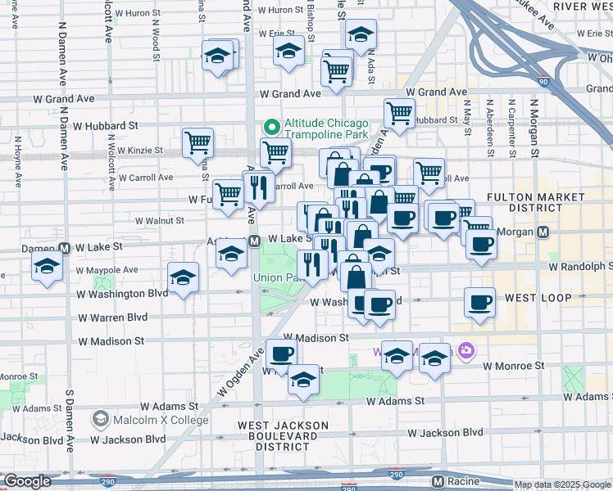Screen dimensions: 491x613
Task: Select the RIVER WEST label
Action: pos(582,7)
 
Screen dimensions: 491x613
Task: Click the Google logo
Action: pos(27,480)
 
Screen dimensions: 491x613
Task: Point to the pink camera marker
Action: pos(466,351)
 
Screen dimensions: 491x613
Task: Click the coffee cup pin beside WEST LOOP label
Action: pos(480,304)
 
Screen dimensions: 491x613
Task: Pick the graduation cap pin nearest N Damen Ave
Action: pos(47,267)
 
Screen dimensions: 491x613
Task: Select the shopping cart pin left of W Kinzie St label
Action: pos(198,144)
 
